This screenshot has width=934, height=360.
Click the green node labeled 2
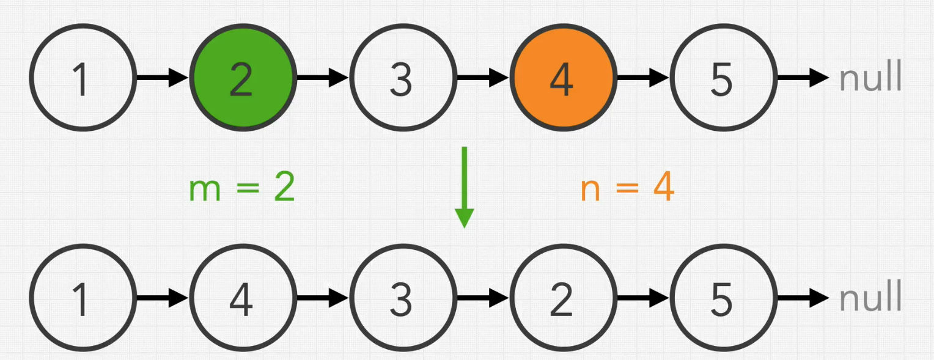click(242, 78)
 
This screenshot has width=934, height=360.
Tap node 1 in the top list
click(81, 78)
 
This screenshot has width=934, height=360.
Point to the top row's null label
click(870, 78)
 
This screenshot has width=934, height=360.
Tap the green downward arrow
click(464, 186)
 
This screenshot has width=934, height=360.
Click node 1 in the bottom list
click(81, 298)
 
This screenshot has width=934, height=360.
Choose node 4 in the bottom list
click(242, 298)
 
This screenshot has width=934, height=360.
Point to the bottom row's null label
click(870, 298)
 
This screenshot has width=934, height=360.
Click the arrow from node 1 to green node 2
click(161, 78)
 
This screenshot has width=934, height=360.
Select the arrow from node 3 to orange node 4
click(482, 78)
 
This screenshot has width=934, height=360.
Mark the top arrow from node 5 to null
click(802, 78)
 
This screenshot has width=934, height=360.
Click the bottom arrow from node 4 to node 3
click(322, 298)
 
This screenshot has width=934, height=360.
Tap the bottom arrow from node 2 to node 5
click(642, 298)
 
